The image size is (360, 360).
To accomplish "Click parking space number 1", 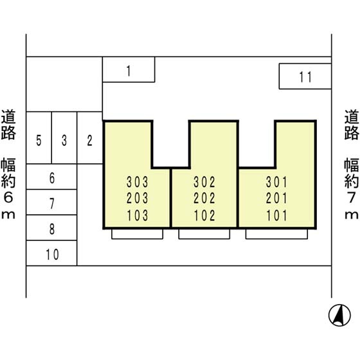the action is coord(129,69).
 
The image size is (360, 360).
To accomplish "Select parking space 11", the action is coord(305,76).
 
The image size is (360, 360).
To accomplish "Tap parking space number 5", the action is coord(39,138).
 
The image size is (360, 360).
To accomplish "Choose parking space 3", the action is coord(64,138).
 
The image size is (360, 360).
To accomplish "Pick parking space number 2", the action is coord(90,138).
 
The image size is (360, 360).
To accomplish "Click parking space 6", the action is coord(51,177).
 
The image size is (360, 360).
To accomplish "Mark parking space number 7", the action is coord(51,202).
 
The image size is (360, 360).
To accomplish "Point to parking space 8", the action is coord(51,228).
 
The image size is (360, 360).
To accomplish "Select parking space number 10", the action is coord(51,253).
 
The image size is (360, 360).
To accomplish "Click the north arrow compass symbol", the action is coord(339,315).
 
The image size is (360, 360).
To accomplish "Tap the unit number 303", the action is coord(138,182).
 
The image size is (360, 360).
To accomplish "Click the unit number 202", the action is coord(204,199).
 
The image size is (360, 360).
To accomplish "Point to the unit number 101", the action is coord(276,215).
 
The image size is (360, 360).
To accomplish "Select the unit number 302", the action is coord(204,182).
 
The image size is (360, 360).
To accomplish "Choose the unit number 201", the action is coord(276,199).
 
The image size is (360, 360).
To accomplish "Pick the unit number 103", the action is coord(138,215).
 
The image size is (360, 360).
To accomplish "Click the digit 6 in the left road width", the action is coord(8,197).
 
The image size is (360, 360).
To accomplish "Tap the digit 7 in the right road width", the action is coord(351,197).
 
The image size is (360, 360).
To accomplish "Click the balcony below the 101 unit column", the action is coord(276,234).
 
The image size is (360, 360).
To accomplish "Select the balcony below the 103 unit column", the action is coord(138,234).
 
